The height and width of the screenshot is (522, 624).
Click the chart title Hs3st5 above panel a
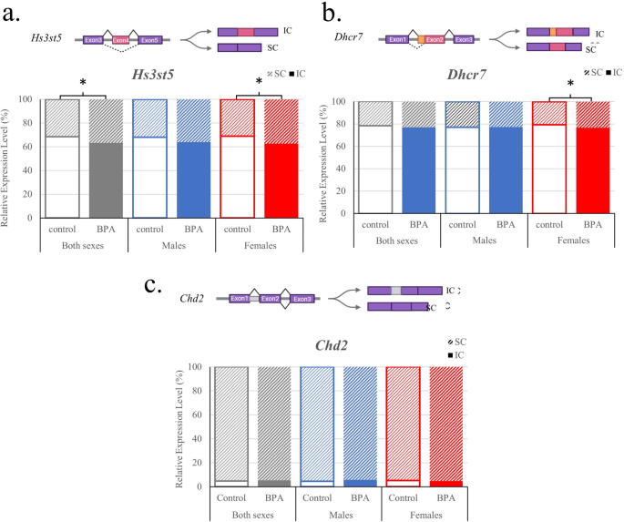(x=167, y=79)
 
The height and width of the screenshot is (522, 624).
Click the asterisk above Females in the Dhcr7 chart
(x=570, y=85)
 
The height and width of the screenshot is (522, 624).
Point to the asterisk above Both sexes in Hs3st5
(x=83, y=84)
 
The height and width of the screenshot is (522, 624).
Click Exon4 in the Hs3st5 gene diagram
(x=122, y=40)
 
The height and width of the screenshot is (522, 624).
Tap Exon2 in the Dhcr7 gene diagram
(x=435, y=40)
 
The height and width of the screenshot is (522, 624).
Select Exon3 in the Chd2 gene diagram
(x=302, y=298)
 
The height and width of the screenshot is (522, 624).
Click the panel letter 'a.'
(x=16, y=15)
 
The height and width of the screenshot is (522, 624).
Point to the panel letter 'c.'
(x=156, y=284)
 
